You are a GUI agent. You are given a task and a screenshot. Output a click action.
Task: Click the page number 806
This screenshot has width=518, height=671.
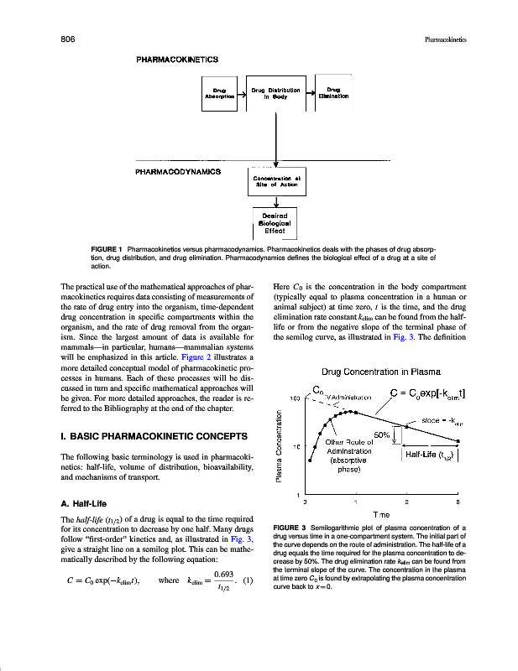pyautogui.click(x=71, y=39)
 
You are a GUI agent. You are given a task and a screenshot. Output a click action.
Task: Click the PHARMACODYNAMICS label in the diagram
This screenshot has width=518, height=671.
pyautogui.click(x=178, y=170)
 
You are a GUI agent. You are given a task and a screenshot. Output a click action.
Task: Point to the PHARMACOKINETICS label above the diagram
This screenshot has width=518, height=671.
pyautogui.click(x=178, y=60)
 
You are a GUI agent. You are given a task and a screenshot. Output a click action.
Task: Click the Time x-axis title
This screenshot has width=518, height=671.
pyautogui.click(x=380, y=513)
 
